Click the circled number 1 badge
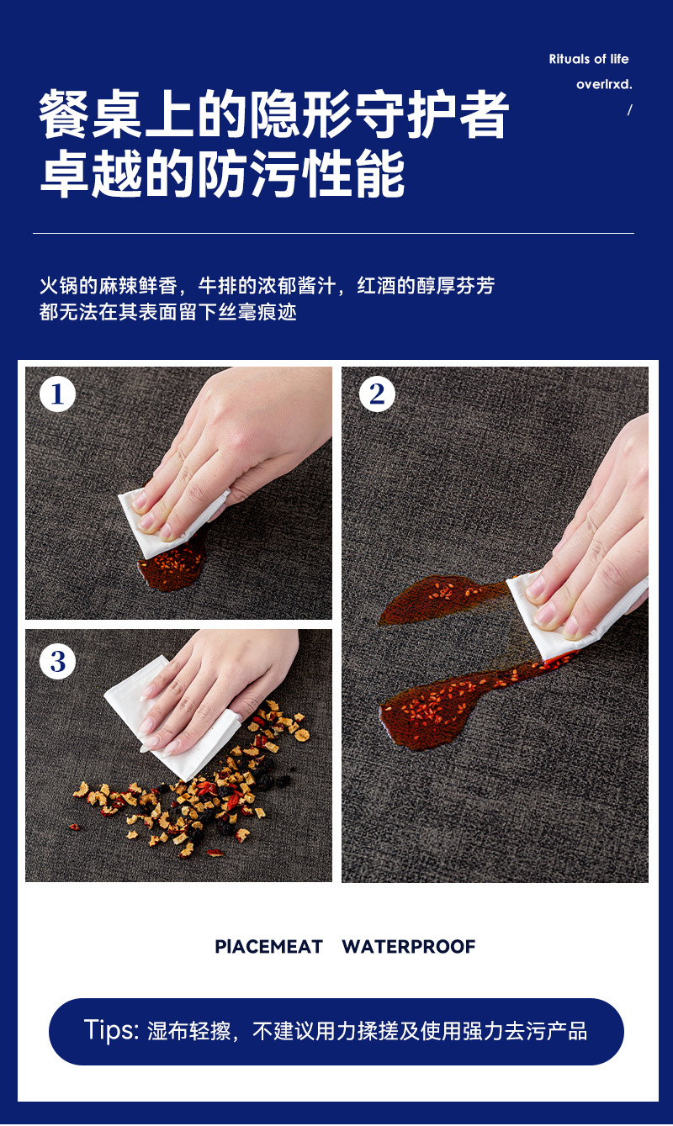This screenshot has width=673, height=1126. pyautogui.click(x=57, y=394)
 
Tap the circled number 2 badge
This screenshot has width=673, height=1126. pyautogui.click(x=377, y=394)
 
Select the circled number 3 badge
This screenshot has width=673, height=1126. pyautogui.click(x=57, y=661)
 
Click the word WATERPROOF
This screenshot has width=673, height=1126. pyautogui.click(x=409, y=947)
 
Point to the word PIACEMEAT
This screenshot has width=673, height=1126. pyautogui.click(x=268, y=947)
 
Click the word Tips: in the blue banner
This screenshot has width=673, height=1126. pyautogui.click(x=111, y=1031)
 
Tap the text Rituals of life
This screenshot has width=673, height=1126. pyautogui.click(x=589, y=60)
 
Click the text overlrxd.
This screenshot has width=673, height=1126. pyautogui.click(x=604, y=84)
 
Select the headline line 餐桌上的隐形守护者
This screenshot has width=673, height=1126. pyautogui.click(x=274, y=114)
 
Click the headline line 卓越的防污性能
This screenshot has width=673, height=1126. pyautogui.click(x=222, y=173)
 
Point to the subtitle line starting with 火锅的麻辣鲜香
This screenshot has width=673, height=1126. pyautogui.click(x=267, y=286)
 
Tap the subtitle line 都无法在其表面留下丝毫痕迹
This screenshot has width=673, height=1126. pyautogui.click(x=168, y=312)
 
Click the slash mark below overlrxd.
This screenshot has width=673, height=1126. pyautogui.click(x=630, y=109)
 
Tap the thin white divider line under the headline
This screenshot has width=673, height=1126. pyautogui.click(x=333, y=233)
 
